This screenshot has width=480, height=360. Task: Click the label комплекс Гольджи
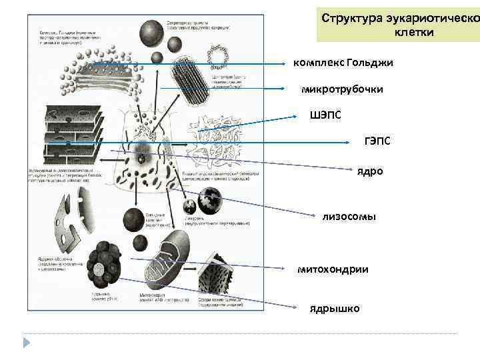pyautogui.click(x=343, y=63)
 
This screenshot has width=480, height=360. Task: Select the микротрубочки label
pyautogui.click(x=342, y=89)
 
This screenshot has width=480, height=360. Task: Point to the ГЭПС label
pyautogui.click(x=377, y=141)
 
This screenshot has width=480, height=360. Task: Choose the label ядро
pyautogui.click(x=370, y=171)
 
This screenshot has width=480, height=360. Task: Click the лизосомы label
pyautogui.click(x=349, y=216)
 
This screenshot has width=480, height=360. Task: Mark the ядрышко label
pyautogui.click(x=334, y=309)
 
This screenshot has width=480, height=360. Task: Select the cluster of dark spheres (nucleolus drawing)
pyautogui.click(x=107, y=265)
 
